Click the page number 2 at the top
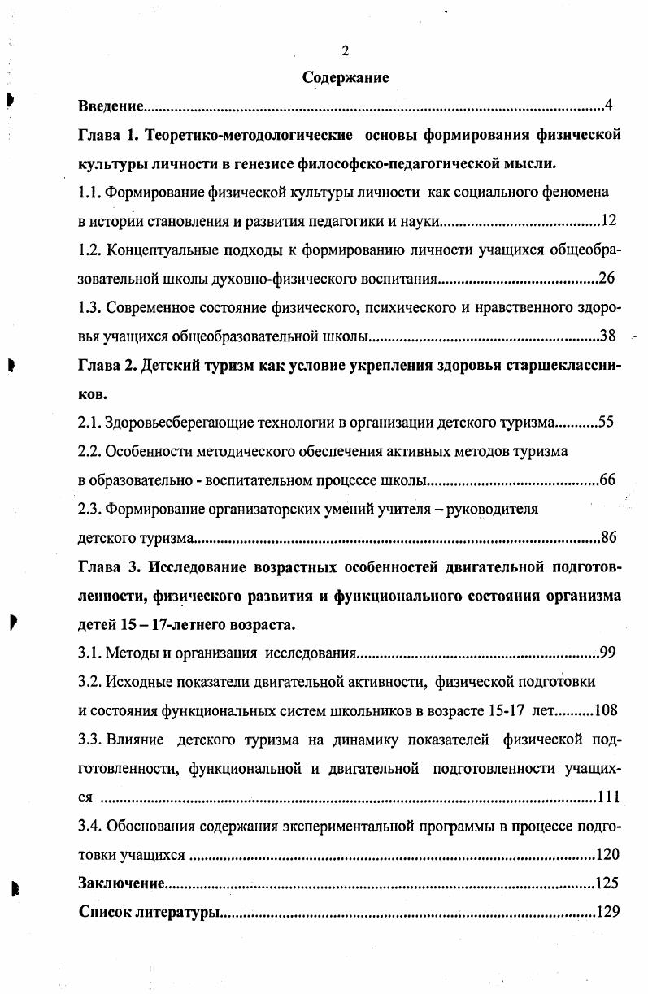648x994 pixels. tap(346, 51)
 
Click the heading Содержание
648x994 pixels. tap(346, 78)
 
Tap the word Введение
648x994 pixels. tap(111, 106)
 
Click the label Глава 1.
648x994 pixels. tap(107, 134)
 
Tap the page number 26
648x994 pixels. tap(607, 279)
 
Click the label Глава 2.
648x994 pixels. tap(107, 364)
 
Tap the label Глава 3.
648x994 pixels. tap(107, 566)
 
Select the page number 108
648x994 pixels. tap(607, 710)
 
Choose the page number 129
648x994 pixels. tap(608, 912)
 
